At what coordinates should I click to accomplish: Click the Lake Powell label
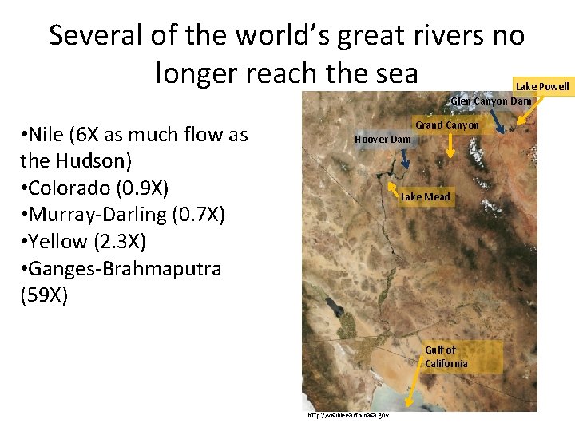click(x=542, y=86)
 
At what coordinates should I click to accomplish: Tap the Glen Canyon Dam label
click(x=491, y=101)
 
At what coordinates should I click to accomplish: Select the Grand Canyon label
click(x=447, y=125)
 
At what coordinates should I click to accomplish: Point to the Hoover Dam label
click(x=383, y=140)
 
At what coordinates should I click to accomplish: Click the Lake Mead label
click(x=426, y=196)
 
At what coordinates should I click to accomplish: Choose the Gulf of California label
click(x=446, y=357)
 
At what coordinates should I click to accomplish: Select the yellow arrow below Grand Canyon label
click(x=450, y=144)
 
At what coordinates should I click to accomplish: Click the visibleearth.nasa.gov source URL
click(x=347, y=415)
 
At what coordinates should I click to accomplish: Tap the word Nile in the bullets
click(x=46, y=134)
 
